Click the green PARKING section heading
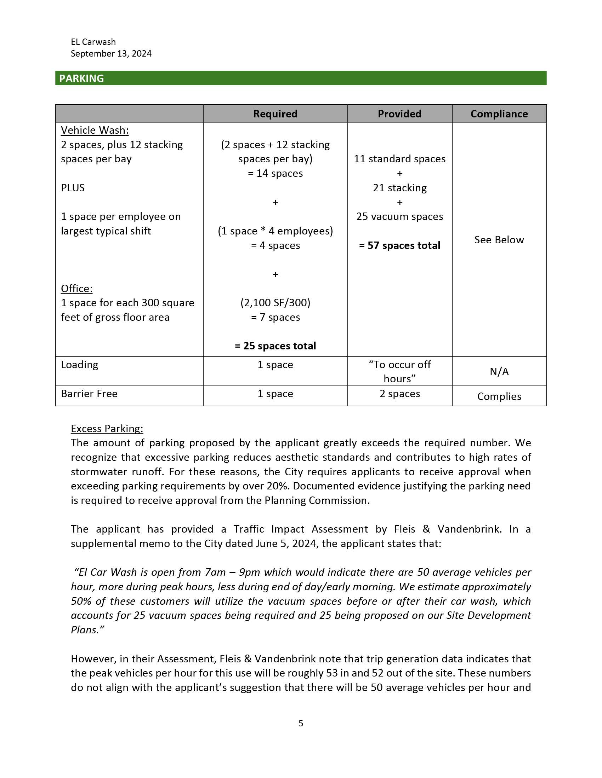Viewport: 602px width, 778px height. coord(81,79)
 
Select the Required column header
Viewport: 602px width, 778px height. coord(275,114)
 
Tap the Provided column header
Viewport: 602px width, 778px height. coord(399,114)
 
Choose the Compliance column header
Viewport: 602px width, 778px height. coord(499,114)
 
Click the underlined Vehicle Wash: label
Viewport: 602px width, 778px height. coord(95,130)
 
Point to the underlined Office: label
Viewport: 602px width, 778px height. coord(77,289)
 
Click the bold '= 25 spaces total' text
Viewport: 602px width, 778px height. coord(275,346)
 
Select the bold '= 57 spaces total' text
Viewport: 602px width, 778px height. coord(399,245)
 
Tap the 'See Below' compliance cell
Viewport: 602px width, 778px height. coord(499,240)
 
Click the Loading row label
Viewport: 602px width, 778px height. coord(80,365)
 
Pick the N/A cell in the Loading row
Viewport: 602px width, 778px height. coord(499,372)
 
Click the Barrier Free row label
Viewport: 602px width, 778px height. coord(89,394)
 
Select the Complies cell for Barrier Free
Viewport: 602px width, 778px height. coord(499,396)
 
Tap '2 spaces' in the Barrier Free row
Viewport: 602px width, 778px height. coord(399,394)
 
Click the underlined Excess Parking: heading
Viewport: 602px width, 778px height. coord(107,429)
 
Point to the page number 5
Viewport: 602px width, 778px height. coord(301,723)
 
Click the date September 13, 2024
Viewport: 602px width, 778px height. coord(111,53)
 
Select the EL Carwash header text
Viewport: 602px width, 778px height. coord(93,42)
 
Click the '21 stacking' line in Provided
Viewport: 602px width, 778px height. coord(399,188)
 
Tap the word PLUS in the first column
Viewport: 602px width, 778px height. coord(73,188)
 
